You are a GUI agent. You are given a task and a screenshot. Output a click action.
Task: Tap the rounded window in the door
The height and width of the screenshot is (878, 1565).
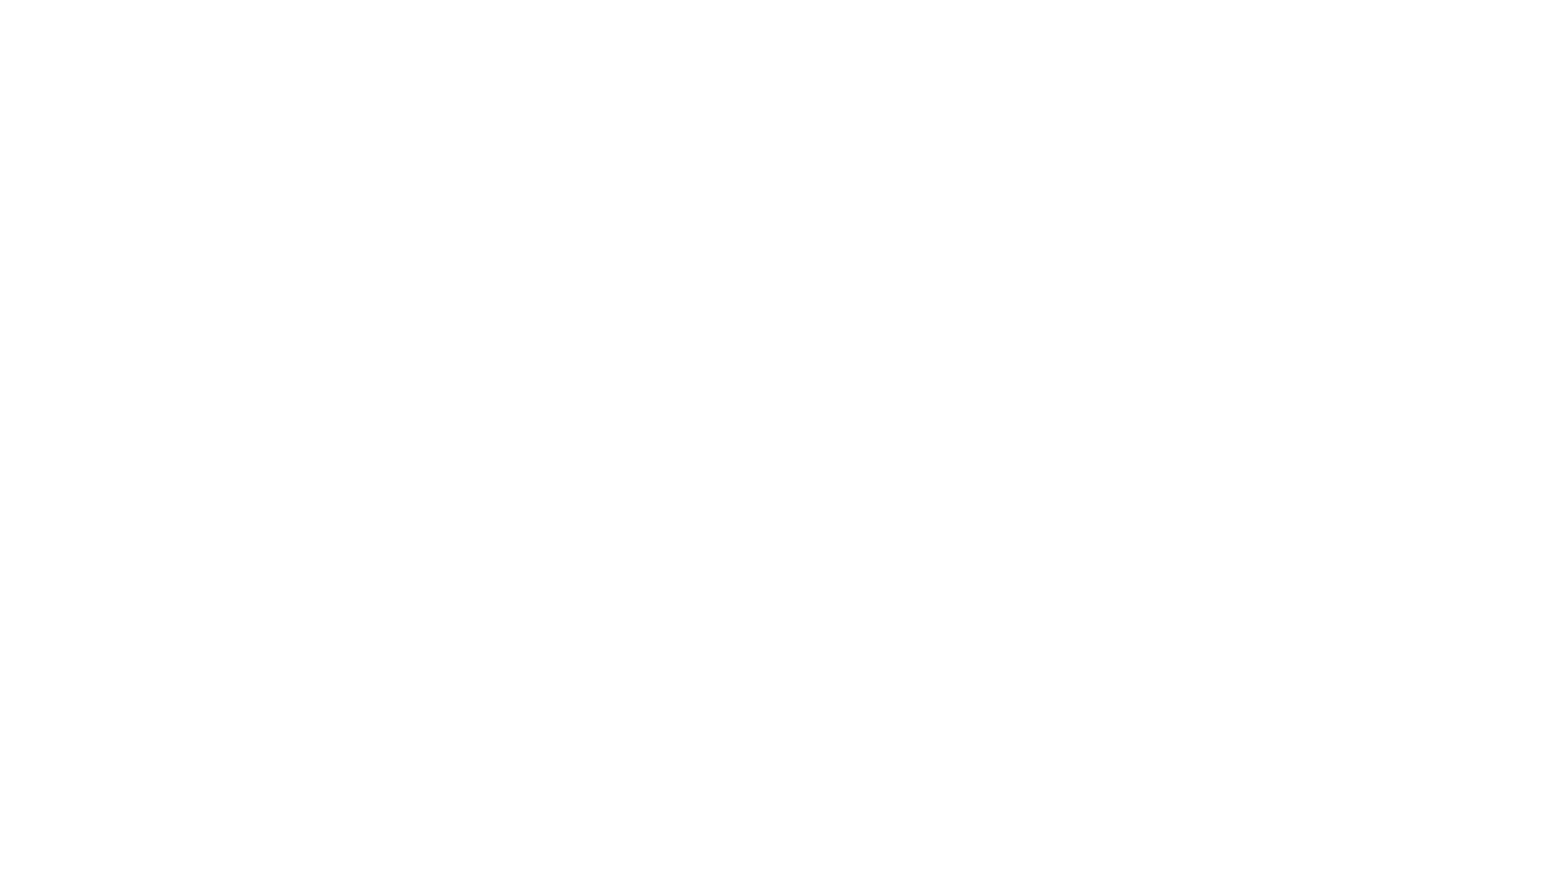click(319, 293)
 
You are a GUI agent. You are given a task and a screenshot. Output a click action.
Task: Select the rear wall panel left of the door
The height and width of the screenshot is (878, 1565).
click(149, 402)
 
